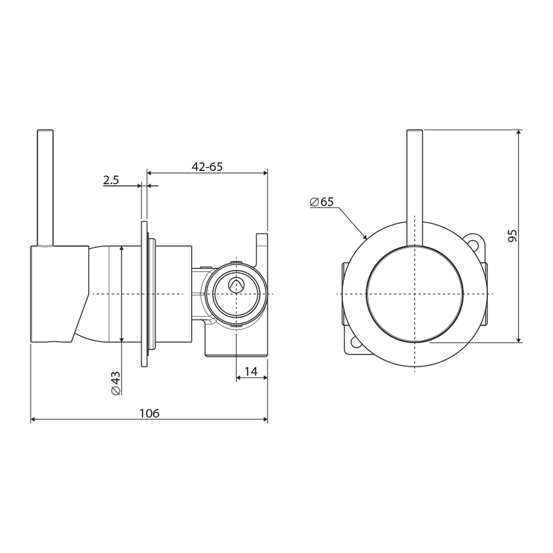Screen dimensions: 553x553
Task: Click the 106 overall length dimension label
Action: [150, 413]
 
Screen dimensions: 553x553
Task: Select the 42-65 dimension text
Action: [207, 166]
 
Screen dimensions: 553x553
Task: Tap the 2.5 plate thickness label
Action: [111, 180]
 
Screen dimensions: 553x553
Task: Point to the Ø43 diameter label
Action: [116, 382]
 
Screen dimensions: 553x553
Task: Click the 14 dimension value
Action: [251, 372]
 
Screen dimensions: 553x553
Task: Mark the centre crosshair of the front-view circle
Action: [415, 294]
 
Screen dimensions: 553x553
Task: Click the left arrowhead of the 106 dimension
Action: [33, 419]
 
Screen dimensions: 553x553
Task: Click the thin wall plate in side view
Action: [143, 294]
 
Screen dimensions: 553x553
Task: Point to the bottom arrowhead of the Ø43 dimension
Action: [121, 340]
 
